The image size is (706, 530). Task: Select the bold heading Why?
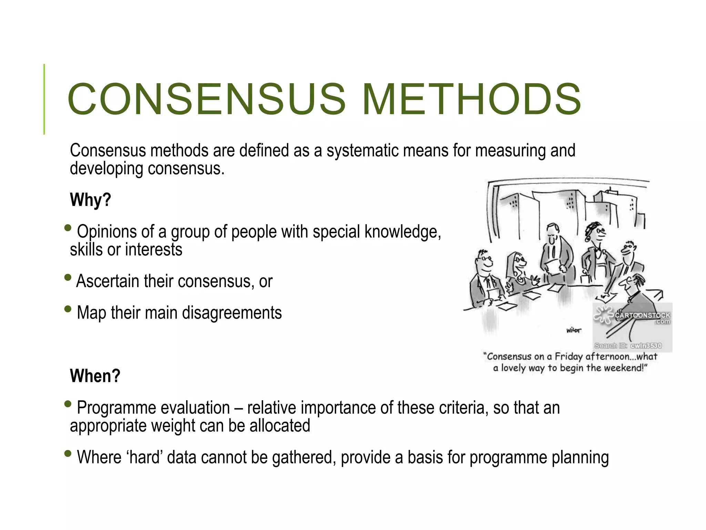click(x=90, y=200)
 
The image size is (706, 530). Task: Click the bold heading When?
click(x=95, y=376)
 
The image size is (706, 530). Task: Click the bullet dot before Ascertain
click(x=68, y=277)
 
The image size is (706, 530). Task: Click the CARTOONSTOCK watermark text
click(x=642, y=315)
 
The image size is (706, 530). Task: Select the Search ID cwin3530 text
click(x=628, y=346)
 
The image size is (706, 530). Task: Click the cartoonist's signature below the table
click(x=574, y=330)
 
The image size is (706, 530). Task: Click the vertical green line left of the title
click(x=44, y=99)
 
